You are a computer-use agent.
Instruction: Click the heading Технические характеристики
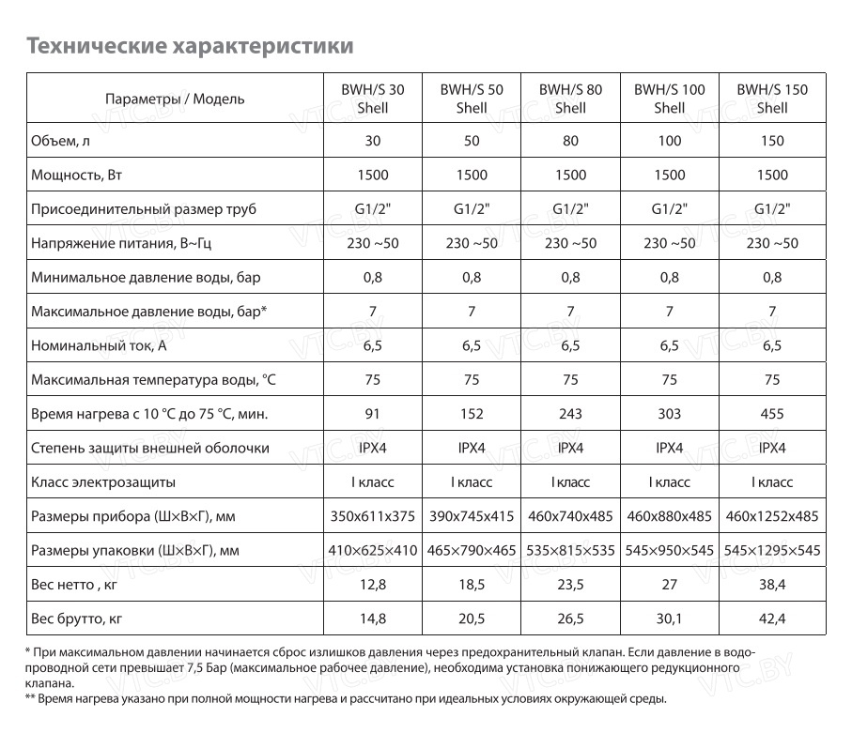tap(190, 45)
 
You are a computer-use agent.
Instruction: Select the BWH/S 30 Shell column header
tap(372, 99)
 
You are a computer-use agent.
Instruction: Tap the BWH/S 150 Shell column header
tap(771, 99)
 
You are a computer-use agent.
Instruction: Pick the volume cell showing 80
tap(570, 141)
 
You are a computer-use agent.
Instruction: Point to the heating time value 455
tap(771, 414)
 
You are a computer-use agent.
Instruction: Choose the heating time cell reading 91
tap(372, 414)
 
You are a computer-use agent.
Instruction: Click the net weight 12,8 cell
tap(372, 585)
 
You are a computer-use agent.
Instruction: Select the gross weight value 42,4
tap(771, 618)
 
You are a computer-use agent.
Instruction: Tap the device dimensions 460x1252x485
tap(771, 516)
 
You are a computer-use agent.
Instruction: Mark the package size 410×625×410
tap(372, 551)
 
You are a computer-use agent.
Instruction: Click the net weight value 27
tap(669, 585)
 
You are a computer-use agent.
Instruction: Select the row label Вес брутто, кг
tap(77, 618)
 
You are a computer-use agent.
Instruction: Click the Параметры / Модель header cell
tap(175, 99)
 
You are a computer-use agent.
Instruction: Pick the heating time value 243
tap(570, 414)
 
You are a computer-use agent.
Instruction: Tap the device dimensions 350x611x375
tap(372, 516)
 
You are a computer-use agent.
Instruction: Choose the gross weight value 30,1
tap(669, 618)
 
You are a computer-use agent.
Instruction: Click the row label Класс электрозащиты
tap(103, 482)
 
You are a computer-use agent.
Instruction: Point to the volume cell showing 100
tap(669, 141)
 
